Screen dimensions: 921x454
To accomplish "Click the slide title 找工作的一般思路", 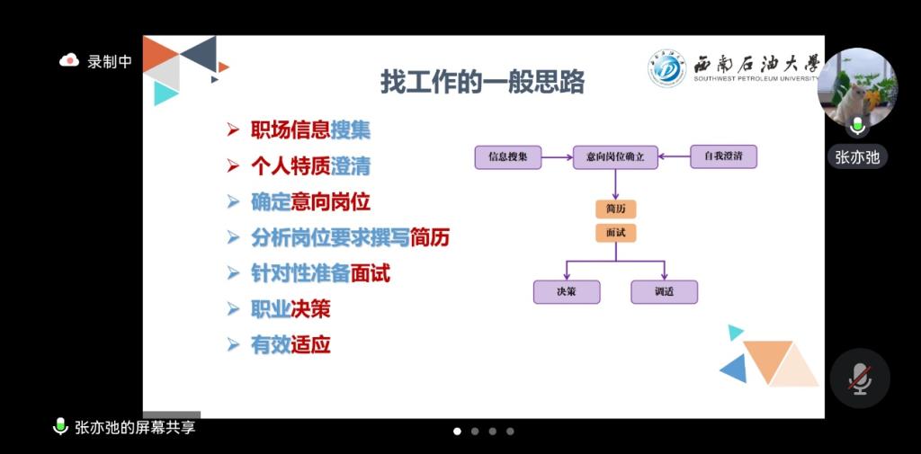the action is click(x=482, y=82).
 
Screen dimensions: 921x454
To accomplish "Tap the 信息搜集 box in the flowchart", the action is click(x=508, y=157).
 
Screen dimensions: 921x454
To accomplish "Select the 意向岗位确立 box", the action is click(x=615, y=157).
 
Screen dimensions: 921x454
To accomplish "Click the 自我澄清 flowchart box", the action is click(x=724, y=156).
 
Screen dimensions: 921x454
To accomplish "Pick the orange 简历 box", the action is click(x=615, y=209).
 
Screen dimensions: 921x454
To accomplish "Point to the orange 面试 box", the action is click(x=615, y=233).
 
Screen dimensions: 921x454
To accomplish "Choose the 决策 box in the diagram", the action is click(x=567, y=292).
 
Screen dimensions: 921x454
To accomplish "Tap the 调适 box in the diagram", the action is click(x=665, y=292).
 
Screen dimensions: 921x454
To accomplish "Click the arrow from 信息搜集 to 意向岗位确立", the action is click(x=558, y=157).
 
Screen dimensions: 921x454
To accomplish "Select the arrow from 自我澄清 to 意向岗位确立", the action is click(x=675, y=156).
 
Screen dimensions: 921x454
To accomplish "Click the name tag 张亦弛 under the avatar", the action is click(x=857, y=157).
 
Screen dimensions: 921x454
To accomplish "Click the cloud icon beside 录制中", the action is click(x=69, y=60).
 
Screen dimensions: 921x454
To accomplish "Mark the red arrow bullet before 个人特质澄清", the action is click(x=233, y=167).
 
